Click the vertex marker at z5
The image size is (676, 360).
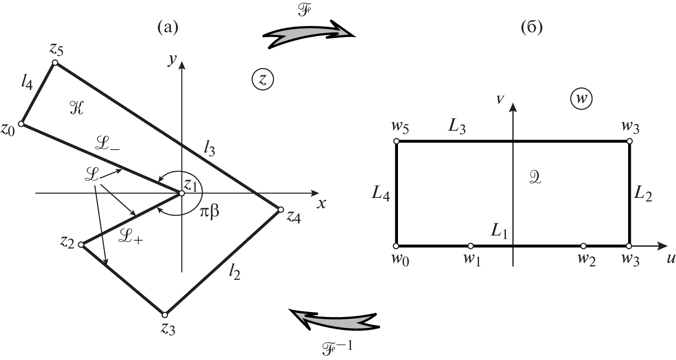(55, 63)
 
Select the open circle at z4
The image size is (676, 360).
(281, 210)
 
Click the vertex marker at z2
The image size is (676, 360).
(81, 244)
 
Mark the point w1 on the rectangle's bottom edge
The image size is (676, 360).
(471, 246)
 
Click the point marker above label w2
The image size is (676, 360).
(583, 246)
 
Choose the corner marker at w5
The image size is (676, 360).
(396, 141)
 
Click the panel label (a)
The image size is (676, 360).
(167, 28)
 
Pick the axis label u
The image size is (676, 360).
(670, 261)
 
